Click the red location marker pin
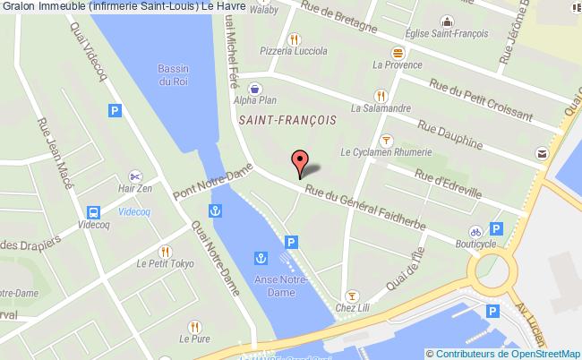[301, 164]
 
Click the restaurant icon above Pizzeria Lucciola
[295, 39]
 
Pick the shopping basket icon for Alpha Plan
[255, 88]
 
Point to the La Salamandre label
[381, 108]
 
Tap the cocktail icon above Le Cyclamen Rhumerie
[386, 139]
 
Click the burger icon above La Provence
[398, 51]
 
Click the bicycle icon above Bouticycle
[475, 229]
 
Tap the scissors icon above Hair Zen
[135, 176]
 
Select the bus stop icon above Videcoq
[93, 212]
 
